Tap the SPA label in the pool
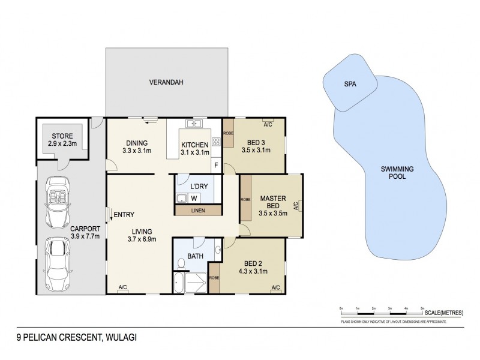pos(350,85)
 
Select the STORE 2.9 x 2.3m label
pos(62,140)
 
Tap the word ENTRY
pos(124,215)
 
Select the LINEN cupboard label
pos(197,210)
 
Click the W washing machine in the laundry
pos(194,198)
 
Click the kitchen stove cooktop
pos(215,143)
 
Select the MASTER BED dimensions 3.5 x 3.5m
pos(272,212)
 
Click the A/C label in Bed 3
pos(268,124)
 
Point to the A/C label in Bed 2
pos(275,288)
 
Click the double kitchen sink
pos(194,124)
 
